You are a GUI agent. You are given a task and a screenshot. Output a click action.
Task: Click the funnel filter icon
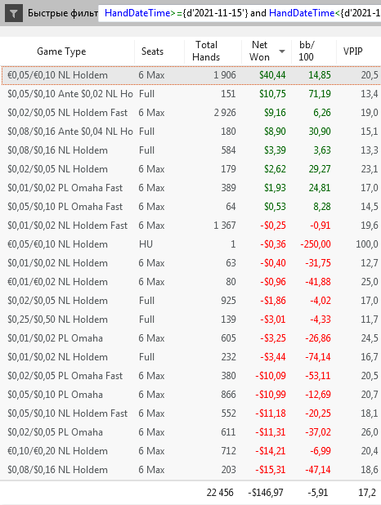click(14, 13)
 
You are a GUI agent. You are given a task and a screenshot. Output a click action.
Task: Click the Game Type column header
click(61, 51)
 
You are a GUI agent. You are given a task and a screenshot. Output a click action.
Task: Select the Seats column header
click(152, 51)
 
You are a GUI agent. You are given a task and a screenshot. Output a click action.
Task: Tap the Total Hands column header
click(206, 51)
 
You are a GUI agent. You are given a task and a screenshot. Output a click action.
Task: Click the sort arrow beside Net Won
click(282, 51)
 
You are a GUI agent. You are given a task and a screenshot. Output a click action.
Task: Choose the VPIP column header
click(352, 51)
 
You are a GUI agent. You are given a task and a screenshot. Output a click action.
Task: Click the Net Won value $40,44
click(272, 75)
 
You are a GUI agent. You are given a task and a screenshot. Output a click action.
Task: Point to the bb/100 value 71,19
click(320, 94)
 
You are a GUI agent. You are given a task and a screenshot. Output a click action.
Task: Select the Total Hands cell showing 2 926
click(225, 113)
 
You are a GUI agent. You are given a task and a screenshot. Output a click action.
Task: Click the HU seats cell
click(146, 244)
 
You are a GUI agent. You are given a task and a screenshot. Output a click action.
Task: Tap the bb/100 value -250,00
click(316, 244)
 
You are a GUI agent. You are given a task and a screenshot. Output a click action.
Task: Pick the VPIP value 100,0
click(367, 244)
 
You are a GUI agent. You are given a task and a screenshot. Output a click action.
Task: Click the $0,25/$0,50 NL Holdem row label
click(57, 320)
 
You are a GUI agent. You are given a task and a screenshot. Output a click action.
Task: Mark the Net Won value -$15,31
click(270, 470)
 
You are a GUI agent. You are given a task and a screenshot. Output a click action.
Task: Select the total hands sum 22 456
click(220, 493)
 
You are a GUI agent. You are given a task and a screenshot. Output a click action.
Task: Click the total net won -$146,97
click(266, 493)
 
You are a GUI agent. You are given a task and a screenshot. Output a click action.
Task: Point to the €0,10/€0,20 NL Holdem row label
click(57, 451)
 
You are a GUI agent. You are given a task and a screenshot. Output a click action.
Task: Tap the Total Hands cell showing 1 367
click(225, 226)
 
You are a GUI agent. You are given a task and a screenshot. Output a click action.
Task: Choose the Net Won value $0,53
click(275, 207)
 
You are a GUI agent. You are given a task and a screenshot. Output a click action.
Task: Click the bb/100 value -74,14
click(318, 357)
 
